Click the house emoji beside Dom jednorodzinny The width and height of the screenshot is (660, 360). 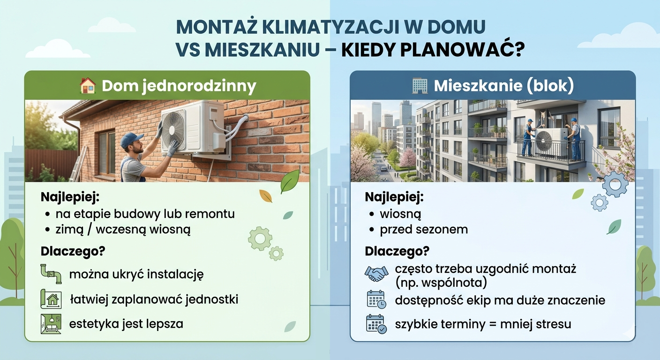(x=88, y=86)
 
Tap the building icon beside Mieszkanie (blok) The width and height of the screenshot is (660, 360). (x=420, y=86)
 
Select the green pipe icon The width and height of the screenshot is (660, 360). (x=51, y=274)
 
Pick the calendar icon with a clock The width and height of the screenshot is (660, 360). (x=376, y=300)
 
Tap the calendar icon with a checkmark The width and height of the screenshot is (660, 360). (x=376, y=324)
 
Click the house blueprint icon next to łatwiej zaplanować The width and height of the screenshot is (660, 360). (x=51, y=299)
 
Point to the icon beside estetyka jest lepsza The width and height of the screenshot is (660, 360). (x=51, y=324)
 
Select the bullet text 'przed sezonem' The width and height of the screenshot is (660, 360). (x=424, y=229)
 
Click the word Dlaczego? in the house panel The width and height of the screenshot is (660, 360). (x=73, y=251)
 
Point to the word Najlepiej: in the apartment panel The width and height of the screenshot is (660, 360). (x=394, y=197)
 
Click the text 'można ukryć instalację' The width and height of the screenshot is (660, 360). (x=136, y=274)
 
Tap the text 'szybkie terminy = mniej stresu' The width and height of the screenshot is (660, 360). (x=483, y=324)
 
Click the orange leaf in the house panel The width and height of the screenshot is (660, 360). (x=265, y=196)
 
